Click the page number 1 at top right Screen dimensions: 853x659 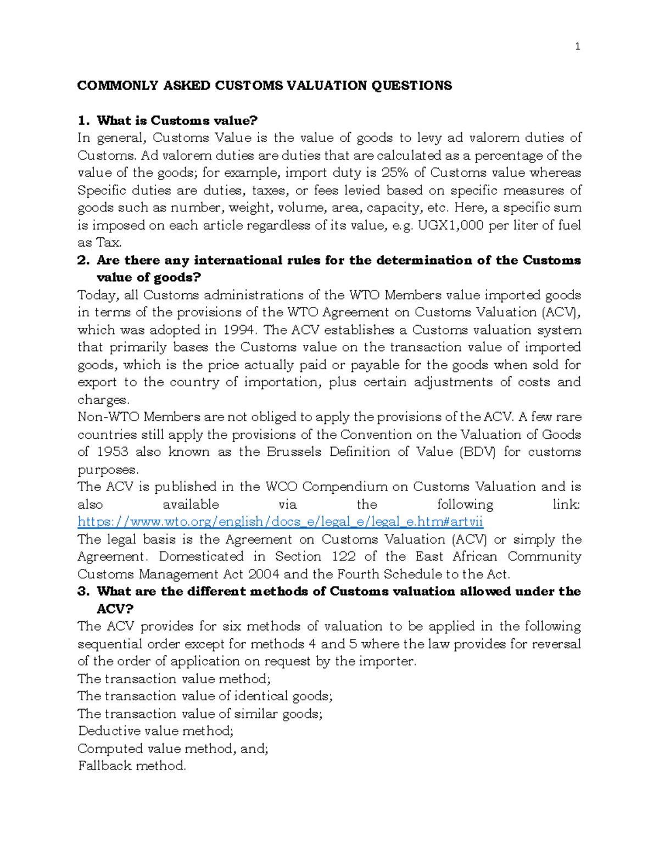pos(577,47)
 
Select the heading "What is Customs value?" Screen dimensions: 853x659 pos(177,120)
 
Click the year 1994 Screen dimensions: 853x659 pos(239,330)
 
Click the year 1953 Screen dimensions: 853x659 pos(113,452)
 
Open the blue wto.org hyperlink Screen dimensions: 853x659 pos(280,522)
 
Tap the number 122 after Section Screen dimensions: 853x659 pos(344,556)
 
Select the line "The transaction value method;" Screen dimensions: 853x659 pos(174,679)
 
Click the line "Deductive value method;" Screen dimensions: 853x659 pos(156,731)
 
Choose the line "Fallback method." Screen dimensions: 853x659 pos(132,766)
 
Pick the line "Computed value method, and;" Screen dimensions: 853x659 pos(173,749)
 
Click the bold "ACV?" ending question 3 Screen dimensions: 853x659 pos(115,609)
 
